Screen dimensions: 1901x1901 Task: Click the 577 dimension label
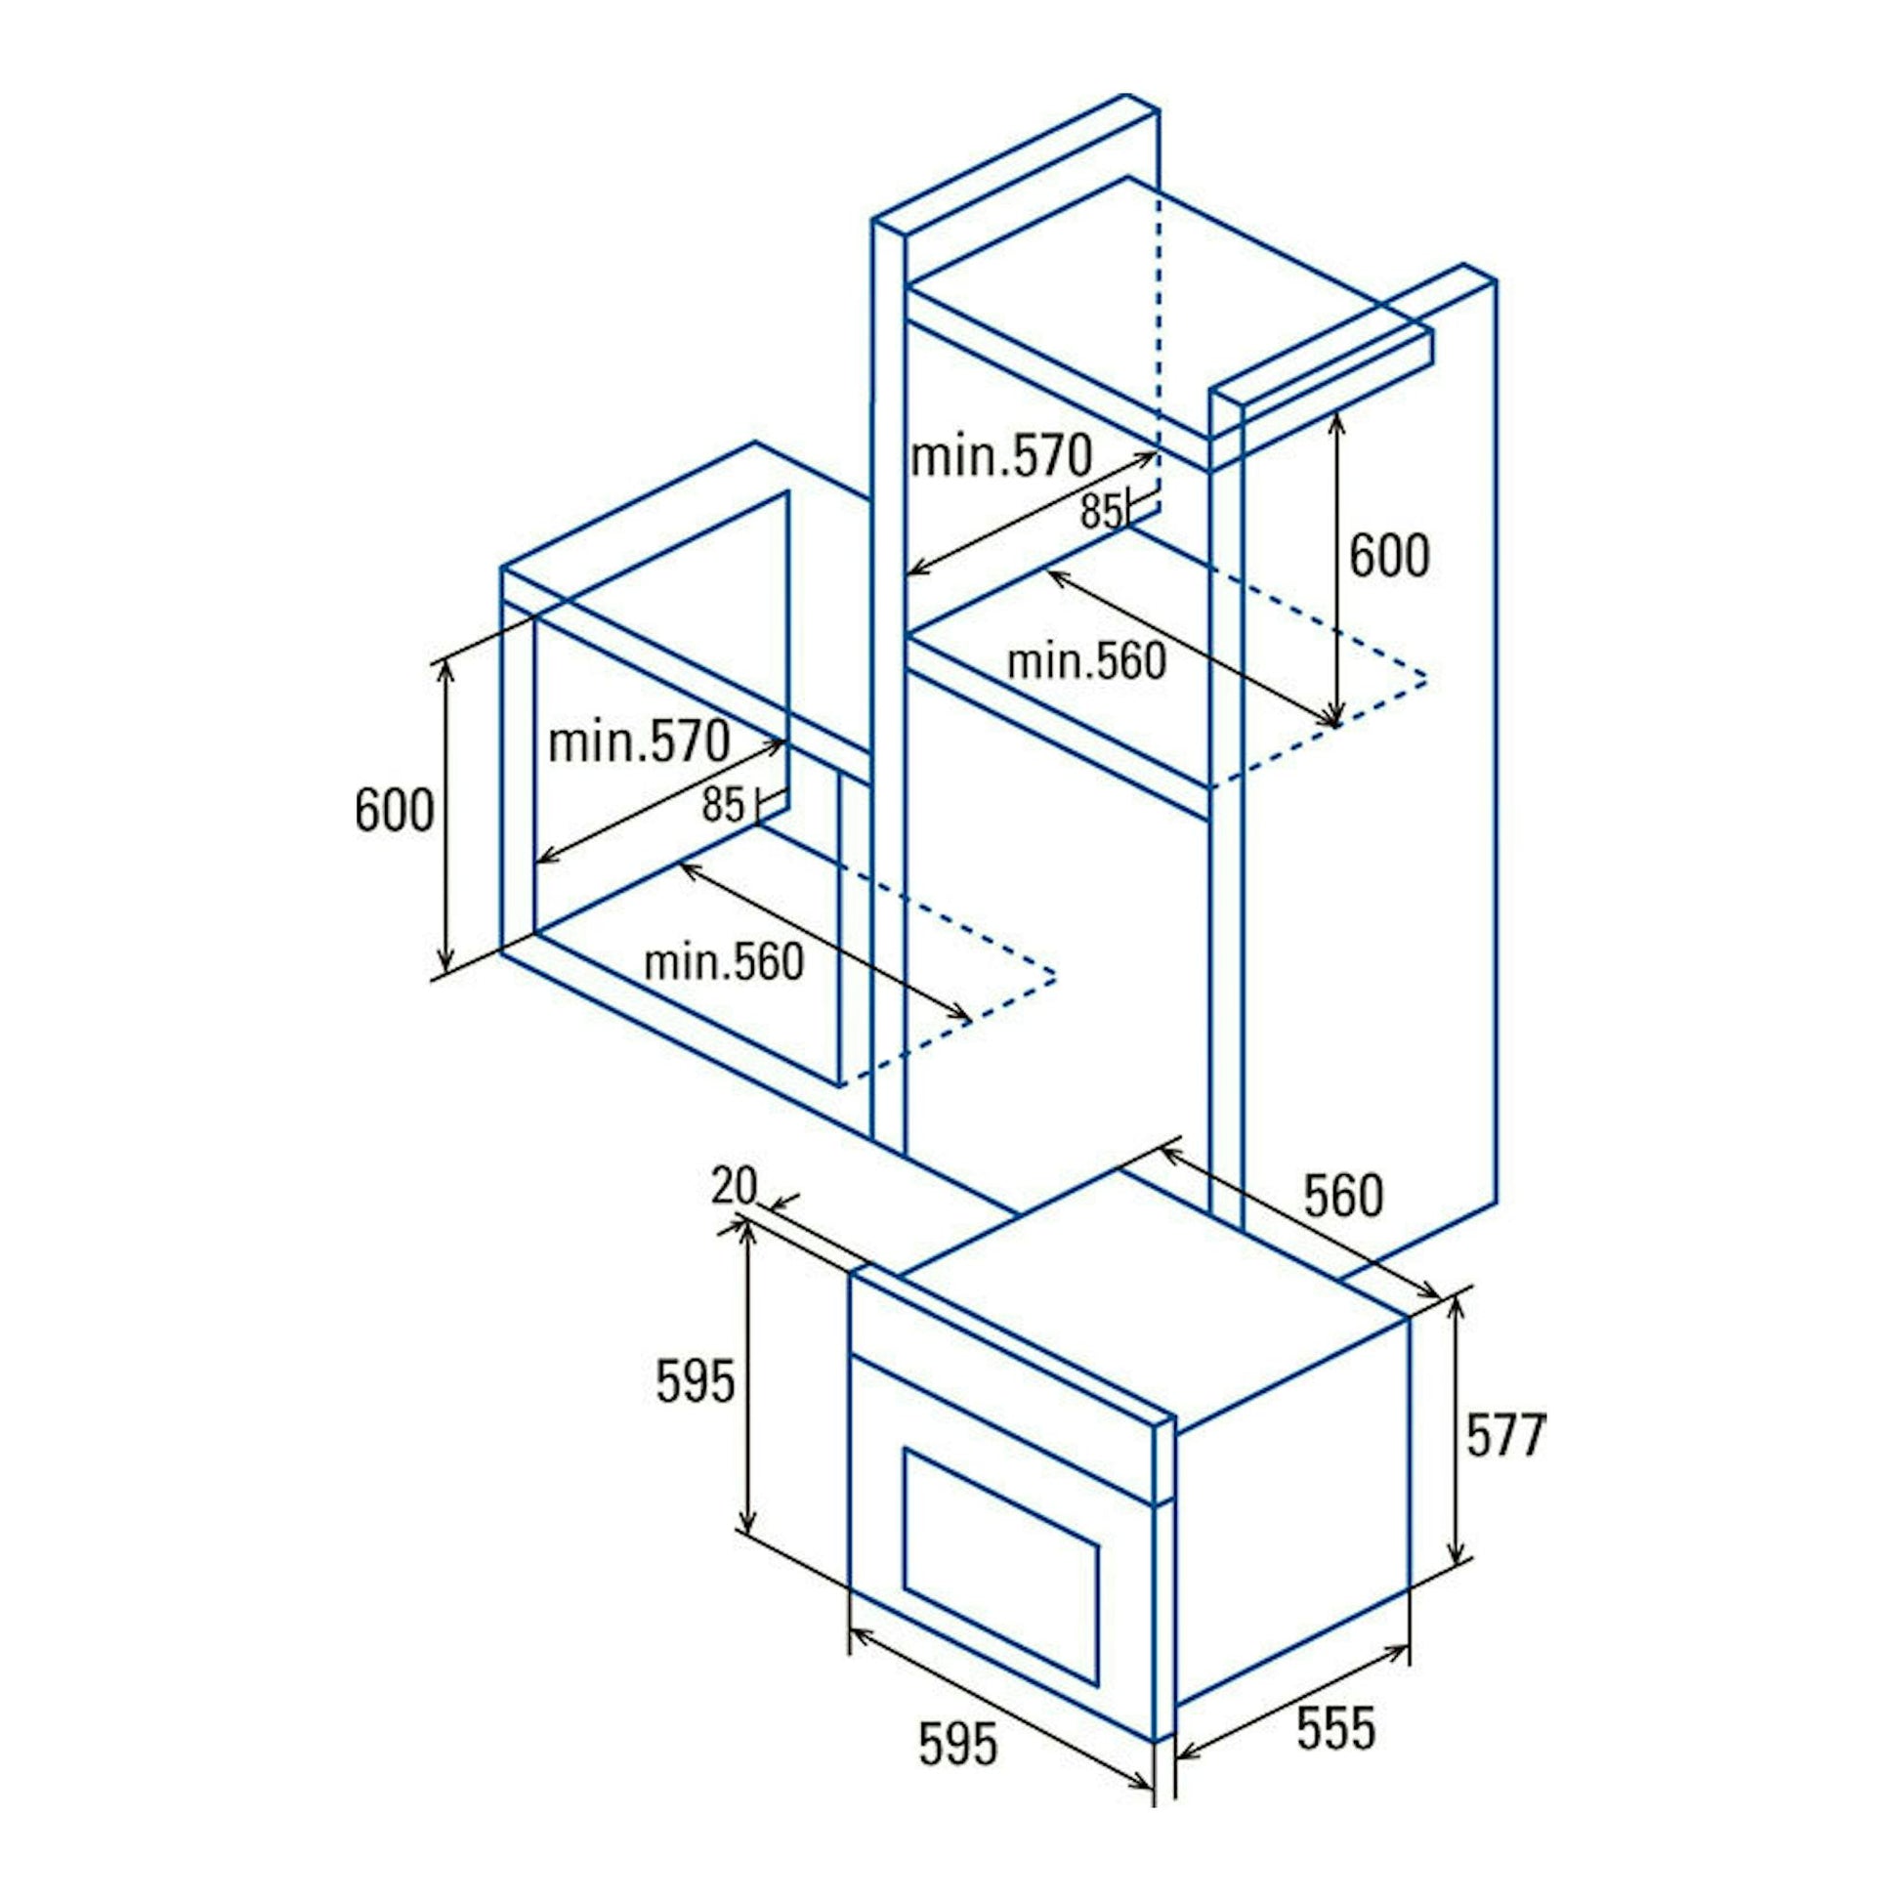tap(1505, 1435)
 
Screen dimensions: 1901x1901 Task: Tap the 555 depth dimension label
tap(1335, 1728)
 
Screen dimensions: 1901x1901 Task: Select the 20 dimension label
tap(735, 1185)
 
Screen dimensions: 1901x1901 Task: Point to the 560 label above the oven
tap(1343, 1195)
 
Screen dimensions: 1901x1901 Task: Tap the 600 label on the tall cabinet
tap(1389, 556)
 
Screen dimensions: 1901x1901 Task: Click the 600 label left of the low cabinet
tap(395, 811)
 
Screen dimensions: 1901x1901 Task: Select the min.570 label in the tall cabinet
tap(1001, 456)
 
